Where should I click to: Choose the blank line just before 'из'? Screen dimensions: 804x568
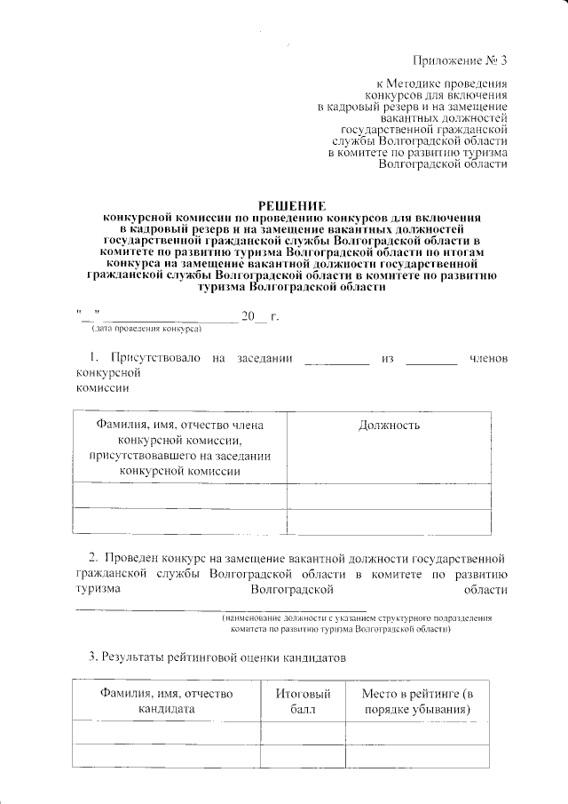tap(335, 362)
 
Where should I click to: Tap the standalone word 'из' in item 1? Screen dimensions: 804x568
tap(386, 359)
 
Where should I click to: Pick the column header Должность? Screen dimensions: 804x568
tap(389, 426)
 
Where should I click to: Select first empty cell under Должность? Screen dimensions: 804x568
tap(389, 494)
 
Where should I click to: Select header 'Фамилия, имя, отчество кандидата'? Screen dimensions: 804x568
tap(166, 701)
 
